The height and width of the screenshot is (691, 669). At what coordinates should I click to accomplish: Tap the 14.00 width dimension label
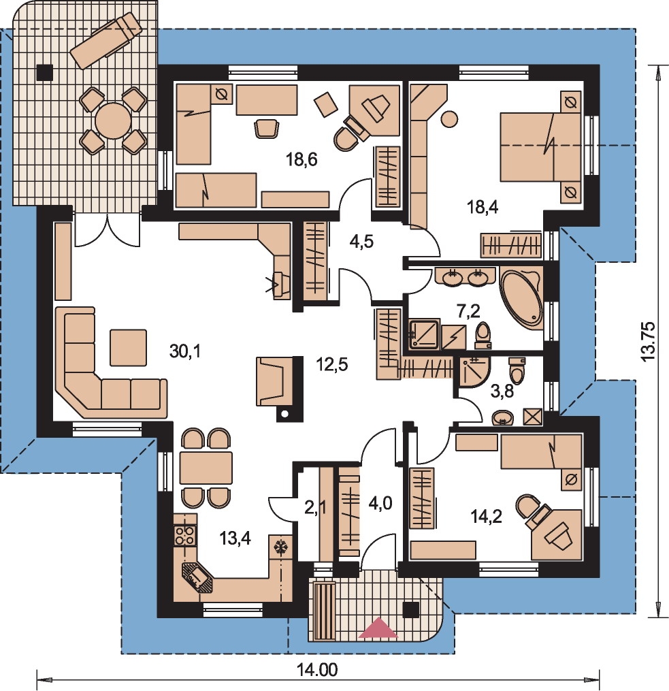(x=317, y=671)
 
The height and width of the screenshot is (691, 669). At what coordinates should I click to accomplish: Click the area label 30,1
(x=185, y=351)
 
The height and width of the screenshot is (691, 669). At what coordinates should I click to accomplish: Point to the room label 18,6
(x=301, y=159)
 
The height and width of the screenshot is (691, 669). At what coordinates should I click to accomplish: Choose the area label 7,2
(x=468, y=311)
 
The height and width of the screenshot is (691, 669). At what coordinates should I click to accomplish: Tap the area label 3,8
(x=502, y=391)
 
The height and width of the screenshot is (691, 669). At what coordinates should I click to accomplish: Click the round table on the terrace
(x=113, y=120)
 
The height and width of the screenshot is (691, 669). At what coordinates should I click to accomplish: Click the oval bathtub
(x=521, y=298)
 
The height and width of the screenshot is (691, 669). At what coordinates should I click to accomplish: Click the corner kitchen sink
(x=197, y=577)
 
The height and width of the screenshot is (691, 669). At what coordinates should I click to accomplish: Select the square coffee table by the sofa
(x=128, y=348)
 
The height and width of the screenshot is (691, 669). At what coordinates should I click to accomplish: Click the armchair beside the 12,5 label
(x=275, y=381)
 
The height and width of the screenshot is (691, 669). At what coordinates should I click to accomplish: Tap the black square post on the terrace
(x=44, y=72)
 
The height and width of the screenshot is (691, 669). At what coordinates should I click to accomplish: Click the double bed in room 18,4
(x=540, y=147)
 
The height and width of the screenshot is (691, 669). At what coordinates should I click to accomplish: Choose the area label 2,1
(x=315, y=508)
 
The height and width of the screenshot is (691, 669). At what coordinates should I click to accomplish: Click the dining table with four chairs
(x=206, y=468)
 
